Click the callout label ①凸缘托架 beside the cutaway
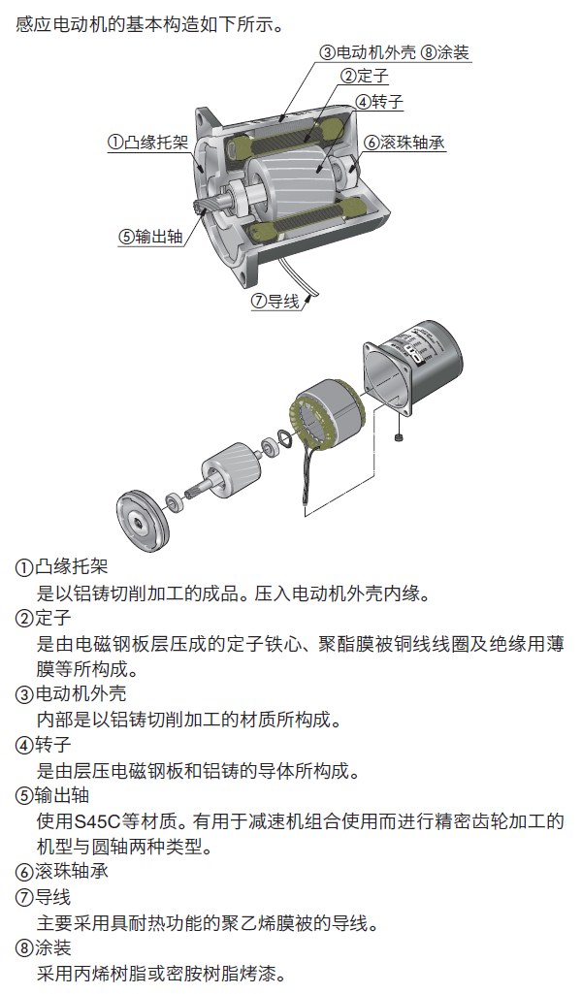[x=146, y=142]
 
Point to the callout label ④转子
[x=378, y=101]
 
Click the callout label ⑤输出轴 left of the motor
[x=150, y=236]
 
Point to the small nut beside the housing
[x=402, y=439]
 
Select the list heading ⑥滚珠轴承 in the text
[x=63, y=871]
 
